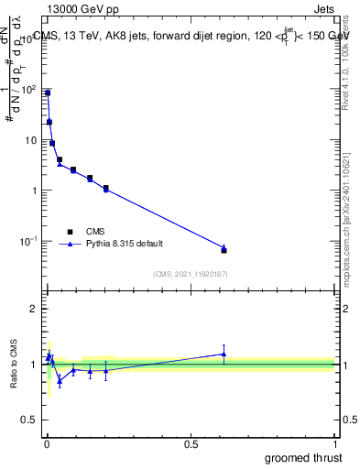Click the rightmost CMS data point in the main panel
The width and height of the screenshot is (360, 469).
click(224, 250)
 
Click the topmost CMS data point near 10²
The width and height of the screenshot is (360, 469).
click(48, 93)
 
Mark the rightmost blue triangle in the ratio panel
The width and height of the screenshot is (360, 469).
click(224, 354)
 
